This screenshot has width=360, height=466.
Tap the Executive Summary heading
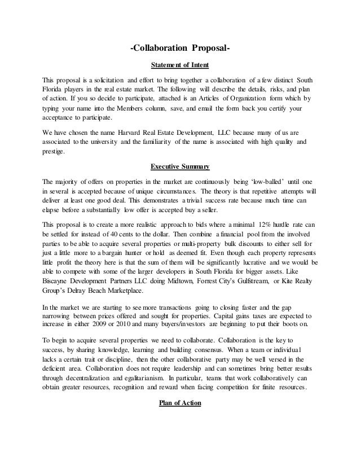[x=180, y=167]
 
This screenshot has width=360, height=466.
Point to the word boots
[x=272, y=326]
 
